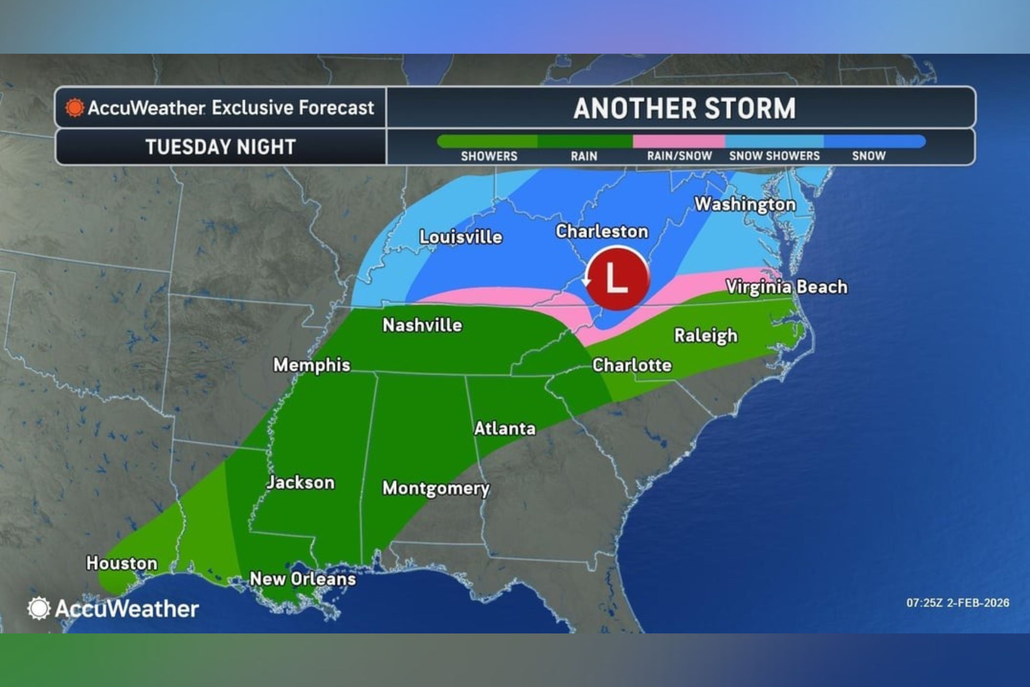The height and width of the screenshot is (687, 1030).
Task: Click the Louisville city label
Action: coord(461,237)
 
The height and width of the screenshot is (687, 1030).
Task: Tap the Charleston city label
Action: coord(602,231)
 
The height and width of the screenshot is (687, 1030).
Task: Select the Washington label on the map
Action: coord(745,204)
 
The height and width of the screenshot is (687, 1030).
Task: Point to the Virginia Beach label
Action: coord(787,287)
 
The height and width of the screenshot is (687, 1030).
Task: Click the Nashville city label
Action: coord(422,325)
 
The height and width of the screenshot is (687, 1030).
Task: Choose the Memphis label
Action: coord(312,365)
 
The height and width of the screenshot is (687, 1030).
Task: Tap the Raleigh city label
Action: coord(706,336)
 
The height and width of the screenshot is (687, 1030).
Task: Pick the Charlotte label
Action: coord(632,365)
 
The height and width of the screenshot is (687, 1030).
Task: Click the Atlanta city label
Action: coord(504,428)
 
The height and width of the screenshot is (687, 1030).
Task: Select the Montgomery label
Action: coord(436,488)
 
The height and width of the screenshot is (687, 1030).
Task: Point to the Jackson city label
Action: coord(301,482)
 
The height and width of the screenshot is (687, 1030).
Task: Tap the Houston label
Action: coord(122,563)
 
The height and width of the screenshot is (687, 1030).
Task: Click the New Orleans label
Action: coord(302,579)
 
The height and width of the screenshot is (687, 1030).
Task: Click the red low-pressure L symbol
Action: coord(617,279)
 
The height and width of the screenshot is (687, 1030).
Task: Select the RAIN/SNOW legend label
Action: coord(679,156)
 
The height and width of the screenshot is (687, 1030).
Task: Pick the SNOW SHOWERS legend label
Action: coord(774,156)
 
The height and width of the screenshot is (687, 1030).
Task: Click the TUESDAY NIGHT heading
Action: coord(221,147)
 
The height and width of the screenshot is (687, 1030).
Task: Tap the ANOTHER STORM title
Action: coord(685,109)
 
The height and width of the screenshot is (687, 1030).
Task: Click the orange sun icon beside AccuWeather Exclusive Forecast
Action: coord(75,108)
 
